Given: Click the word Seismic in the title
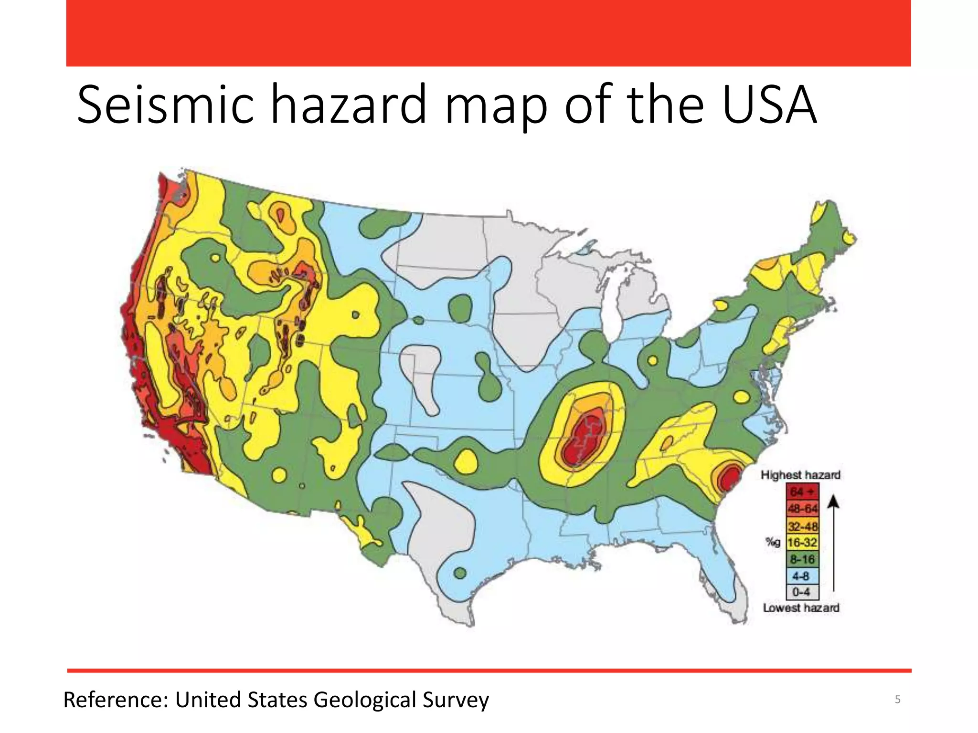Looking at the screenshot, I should (x=165, y=105).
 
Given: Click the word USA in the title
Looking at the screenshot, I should (x=769, y=105).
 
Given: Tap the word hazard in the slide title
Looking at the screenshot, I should (x=348, y=105).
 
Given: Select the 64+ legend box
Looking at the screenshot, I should (x=802, y=492).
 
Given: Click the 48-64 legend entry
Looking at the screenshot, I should (x=802, y=509).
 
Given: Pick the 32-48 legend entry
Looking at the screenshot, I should (x=802, y=526).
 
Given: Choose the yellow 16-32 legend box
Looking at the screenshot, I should (x=802, y=543).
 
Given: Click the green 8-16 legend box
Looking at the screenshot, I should (x=802, y=559).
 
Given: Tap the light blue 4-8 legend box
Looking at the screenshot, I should (x=802, y=576).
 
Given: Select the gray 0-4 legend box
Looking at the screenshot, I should (x=802, y=592).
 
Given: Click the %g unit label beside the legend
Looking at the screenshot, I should (x=773, y=542).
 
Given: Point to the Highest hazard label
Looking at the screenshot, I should (x=800, y=475).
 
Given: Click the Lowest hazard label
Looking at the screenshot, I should (x=801, y=608).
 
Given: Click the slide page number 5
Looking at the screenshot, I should (x=897, y=700).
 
